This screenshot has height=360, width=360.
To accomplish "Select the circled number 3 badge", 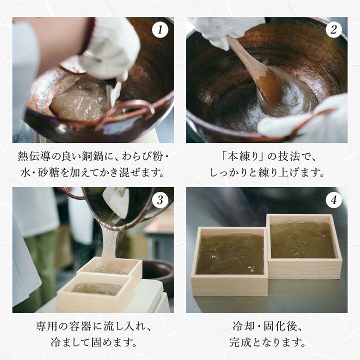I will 159,200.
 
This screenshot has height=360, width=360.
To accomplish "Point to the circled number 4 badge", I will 333,200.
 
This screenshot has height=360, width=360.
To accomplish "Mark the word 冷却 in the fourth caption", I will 241,328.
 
